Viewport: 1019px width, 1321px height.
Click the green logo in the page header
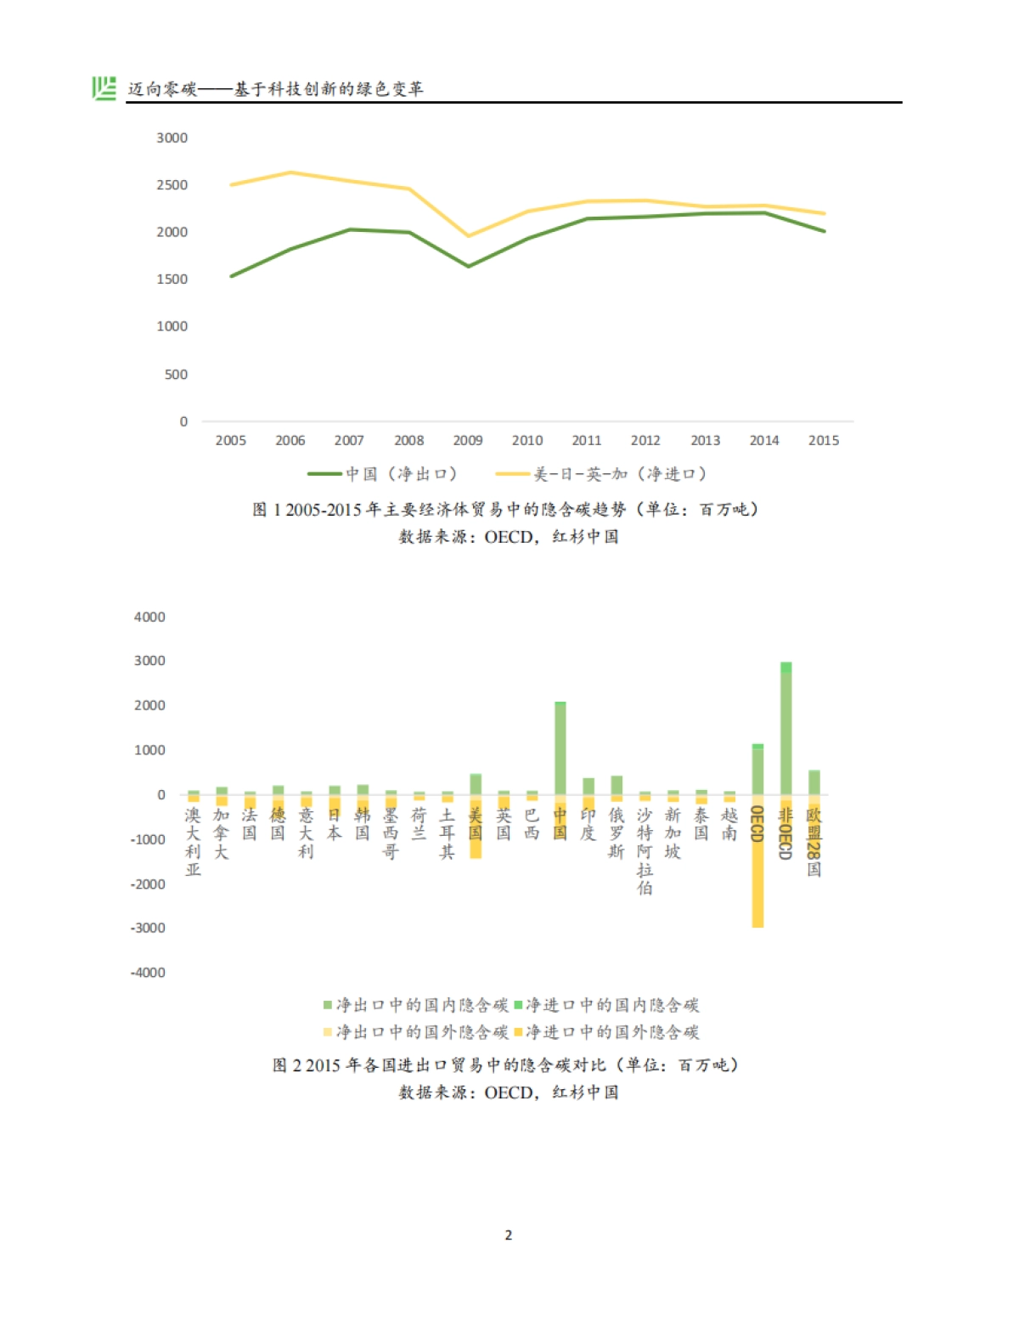(x=104, y=88)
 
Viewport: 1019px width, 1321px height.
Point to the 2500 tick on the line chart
(x=172, y=185)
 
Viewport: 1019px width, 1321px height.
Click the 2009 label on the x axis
(x=468, y=440)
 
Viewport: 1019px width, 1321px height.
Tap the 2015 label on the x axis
(x=823, y=440)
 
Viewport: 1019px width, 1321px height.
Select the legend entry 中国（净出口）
(x=383, y=474)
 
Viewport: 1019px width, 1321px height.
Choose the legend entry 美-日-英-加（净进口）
(x=601, y=474)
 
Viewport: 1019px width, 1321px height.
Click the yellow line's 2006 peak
(x=291, y=172)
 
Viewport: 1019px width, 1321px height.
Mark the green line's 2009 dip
(x=468, y=266)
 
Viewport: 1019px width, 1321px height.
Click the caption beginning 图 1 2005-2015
(x=506, y=510)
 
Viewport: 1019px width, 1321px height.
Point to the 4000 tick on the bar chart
(x=149, y=617)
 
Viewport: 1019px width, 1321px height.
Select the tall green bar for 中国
(x=560, y=748)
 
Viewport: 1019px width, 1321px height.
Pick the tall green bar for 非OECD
(x=785, y=731)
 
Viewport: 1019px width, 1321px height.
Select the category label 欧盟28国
(x=814, y=842)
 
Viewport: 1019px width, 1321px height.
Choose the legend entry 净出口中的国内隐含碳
(x=416, y=1005)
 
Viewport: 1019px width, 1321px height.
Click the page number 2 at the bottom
(x=509, y=1235)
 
